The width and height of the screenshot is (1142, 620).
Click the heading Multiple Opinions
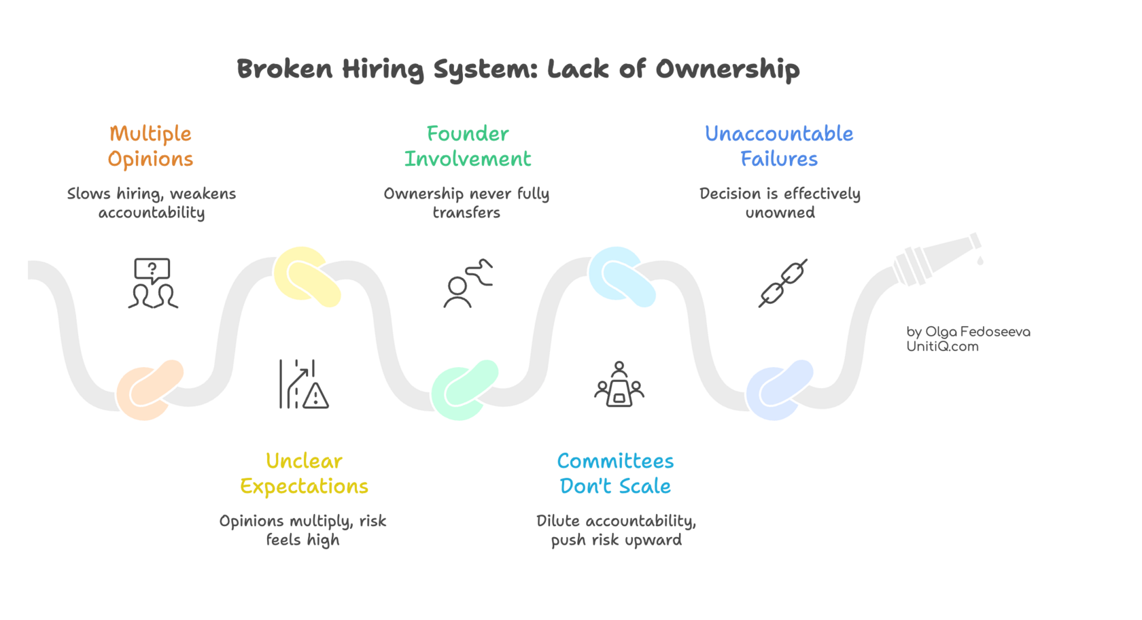pos(150,146)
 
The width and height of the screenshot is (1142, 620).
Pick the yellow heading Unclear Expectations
pos(304,474)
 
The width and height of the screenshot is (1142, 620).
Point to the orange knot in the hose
pos(150,390)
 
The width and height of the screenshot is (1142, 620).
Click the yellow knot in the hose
pos(307,276)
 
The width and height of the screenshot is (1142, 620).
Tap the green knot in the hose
pos(465,390)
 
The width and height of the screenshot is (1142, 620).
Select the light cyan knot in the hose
pos(622,276)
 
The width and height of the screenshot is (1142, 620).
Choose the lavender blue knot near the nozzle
pos(780,390)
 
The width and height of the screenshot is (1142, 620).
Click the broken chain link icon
pos(782,283)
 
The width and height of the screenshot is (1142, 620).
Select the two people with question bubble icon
pos(153,283)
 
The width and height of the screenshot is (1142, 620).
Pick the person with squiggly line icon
pos(468,283)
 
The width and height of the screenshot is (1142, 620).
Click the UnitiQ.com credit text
pos(942,347)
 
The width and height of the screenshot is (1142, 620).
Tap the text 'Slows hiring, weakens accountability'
pos(152,203)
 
